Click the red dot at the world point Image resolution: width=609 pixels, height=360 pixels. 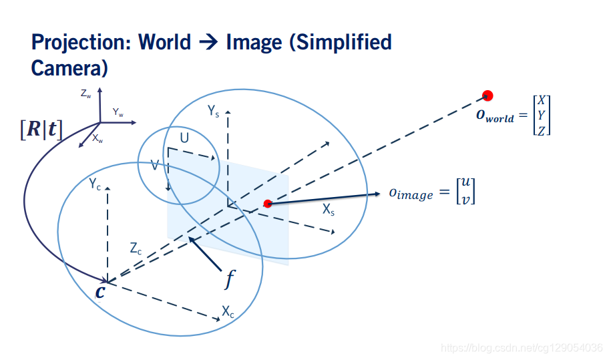pos(488,96)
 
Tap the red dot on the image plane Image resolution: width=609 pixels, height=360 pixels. pos(268,204)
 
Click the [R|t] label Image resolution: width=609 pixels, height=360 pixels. pos(42,129)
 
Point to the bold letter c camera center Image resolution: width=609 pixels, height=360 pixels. pos(100,292)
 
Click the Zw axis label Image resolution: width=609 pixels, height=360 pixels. pos(86,95)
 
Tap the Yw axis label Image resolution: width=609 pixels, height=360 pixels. pos(118,112)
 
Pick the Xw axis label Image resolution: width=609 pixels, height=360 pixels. pos(97,140)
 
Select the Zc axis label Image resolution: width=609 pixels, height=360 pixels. pos(136,248)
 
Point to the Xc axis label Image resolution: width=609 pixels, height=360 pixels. pos(228,311)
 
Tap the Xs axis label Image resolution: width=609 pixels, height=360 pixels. pos(329,210)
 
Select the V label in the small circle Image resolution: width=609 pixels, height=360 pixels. pos(155,164)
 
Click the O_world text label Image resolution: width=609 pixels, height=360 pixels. pos(495,116)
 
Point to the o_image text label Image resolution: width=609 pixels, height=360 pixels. pos(411,194)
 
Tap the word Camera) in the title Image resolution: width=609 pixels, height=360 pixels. pos(69,67)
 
